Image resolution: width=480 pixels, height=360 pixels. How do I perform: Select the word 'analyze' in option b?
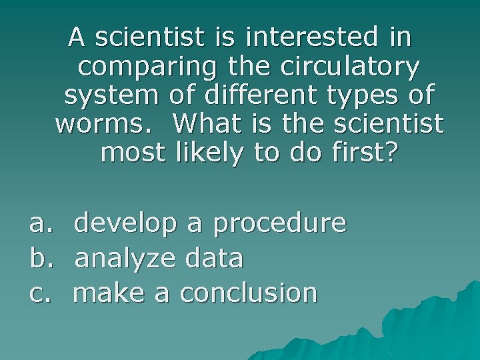(125, 259)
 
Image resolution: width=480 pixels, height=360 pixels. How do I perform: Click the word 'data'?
(215, 257)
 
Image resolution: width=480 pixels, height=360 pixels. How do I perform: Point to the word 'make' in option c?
(110, 292)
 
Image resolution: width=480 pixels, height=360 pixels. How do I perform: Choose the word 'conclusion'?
(249, 292)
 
